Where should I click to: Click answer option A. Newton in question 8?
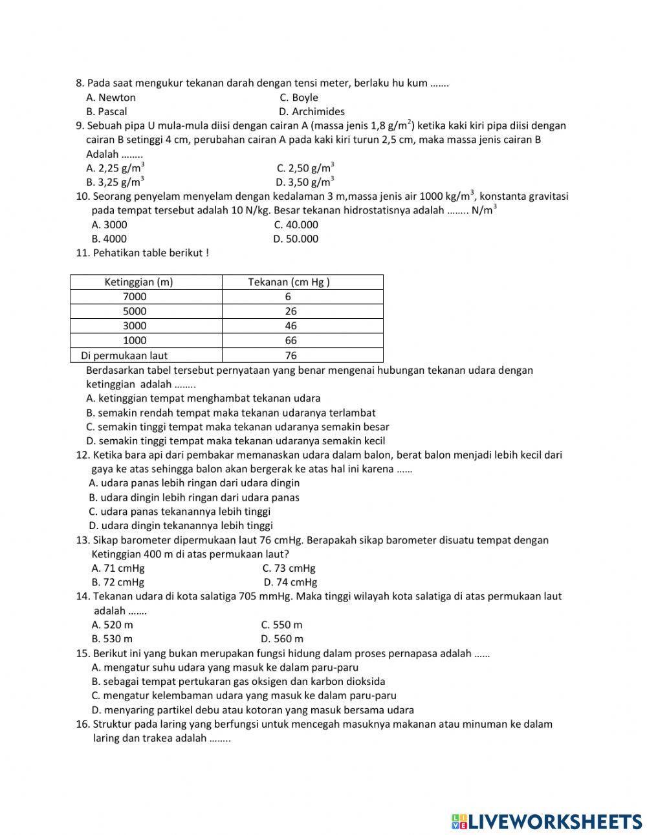111,98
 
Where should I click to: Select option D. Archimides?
311,111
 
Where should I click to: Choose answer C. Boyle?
298,98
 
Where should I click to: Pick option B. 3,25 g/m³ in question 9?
115,182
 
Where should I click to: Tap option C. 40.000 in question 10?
296,224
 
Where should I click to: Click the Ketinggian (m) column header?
138,282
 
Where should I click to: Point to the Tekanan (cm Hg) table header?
289,282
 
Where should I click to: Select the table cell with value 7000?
135,297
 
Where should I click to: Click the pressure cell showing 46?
291,326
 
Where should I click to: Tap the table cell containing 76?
291,356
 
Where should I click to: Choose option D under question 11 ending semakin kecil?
236,441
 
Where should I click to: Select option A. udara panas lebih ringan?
194,483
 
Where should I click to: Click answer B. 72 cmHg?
118,582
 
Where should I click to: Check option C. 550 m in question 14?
281,625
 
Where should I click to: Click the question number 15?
82,653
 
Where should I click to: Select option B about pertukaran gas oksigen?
238,681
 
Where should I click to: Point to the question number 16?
82,724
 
